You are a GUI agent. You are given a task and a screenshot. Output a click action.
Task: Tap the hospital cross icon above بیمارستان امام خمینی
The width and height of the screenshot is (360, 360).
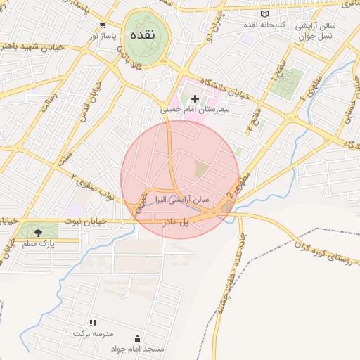[x=195, y=98]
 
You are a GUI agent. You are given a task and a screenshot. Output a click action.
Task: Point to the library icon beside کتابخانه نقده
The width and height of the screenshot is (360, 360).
[x=264, y=14]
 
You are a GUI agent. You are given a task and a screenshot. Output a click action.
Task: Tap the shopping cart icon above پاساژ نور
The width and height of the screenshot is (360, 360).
[x=103, y=25]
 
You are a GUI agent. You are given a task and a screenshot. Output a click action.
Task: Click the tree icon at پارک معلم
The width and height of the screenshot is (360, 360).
[x=37, y=232]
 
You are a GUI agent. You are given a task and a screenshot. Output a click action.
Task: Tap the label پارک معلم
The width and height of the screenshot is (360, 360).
[x=38, y=243]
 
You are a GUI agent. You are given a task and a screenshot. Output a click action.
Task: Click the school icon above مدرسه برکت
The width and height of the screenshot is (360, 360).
[x=92, y=323]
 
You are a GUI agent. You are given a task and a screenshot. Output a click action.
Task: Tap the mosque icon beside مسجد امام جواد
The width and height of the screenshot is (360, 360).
[x=136, y=338]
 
